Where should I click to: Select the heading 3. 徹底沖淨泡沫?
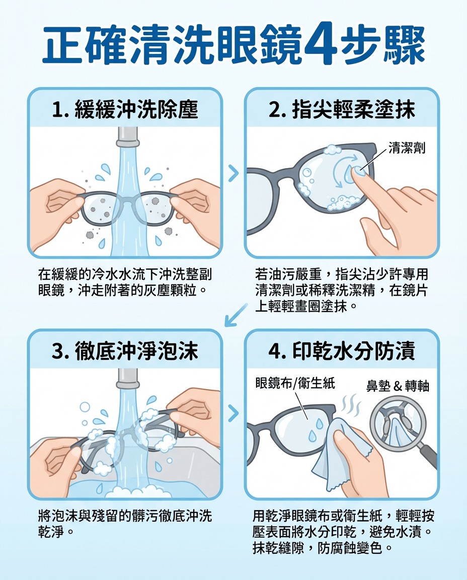coord(125,351)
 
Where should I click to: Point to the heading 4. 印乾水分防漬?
coord(342,351)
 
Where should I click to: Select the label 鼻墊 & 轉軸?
coord(398,386)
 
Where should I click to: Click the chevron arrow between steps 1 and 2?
coord(233,174)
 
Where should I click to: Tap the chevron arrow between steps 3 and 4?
coord(233,414)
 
